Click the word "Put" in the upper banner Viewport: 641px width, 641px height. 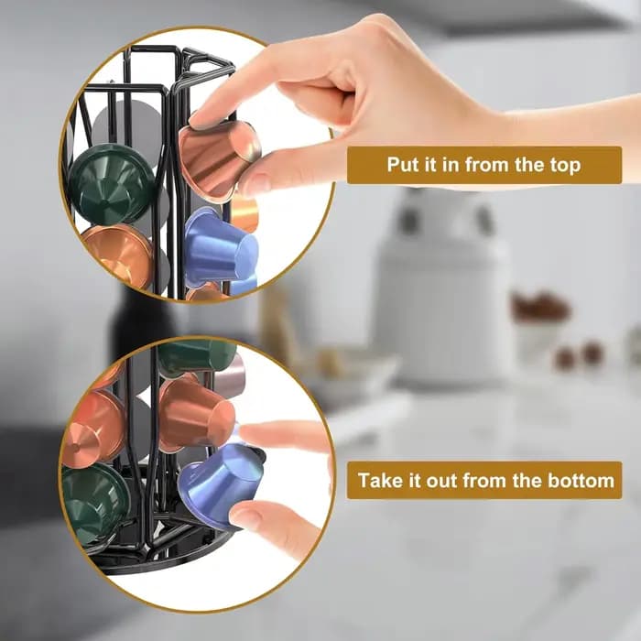click(404, 164)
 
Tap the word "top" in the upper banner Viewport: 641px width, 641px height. click(565, 166)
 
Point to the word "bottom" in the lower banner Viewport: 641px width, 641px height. click(581, 480)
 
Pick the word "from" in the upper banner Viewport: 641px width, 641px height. click(487, 164)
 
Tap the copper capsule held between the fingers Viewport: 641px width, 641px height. click(220, 160)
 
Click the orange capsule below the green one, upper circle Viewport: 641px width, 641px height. click(117, 255)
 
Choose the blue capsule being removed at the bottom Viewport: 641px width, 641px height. click(222, 485)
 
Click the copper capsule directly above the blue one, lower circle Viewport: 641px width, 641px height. click(196, 415)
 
